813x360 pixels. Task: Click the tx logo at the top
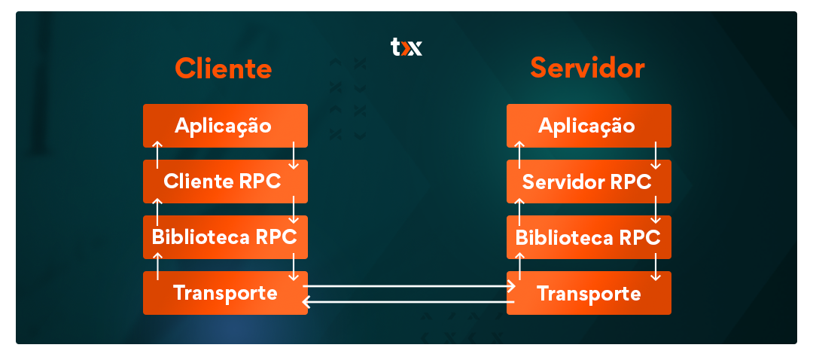tap(406, 47)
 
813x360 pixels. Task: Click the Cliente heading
tap(224, 69)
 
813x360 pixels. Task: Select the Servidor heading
tap(587, 69)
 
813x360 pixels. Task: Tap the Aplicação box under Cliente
tap(224, 125)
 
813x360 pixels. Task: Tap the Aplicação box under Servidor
tap(587, 125)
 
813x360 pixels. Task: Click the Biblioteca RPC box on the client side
tap(224, 236)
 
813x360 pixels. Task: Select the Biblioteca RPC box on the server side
tap(588, 236)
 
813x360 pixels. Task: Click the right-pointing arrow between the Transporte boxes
tap(410, 286)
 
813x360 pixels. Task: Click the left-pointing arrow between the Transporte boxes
tap(406, 302)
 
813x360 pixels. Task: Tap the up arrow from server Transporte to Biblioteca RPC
tap(519, 266)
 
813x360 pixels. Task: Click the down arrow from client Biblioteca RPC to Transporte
tap(294, 266)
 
